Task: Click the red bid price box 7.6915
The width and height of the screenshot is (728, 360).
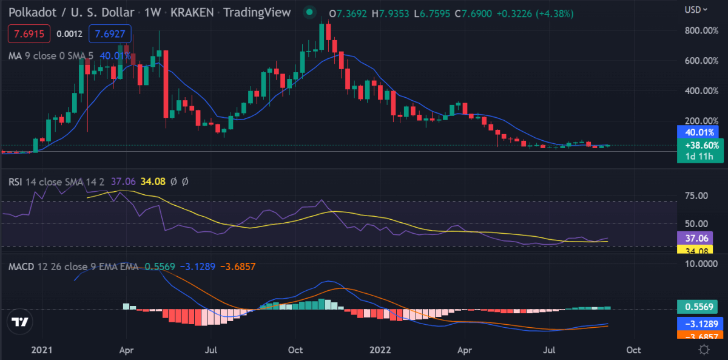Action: (x=29, y=34)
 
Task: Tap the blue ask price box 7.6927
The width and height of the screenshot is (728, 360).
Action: (x=110, y=34)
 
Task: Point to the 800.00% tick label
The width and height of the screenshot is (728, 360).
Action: (x=701, y=30)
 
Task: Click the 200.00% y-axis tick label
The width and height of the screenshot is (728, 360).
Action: (x=701, y=121)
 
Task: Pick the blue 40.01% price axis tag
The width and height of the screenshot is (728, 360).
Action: (x=699, y=132)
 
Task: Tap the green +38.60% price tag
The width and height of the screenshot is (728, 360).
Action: (x=700, y=151)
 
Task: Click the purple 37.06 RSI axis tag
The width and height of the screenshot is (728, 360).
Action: (x=695, y=238)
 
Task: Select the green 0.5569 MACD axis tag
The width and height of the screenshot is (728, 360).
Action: (x=699, y=307)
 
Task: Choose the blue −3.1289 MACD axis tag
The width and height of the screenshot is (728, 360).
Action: (x=700, y=324)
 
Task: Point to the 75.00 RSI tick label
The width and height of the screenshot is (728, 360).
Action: (x=696, y=195)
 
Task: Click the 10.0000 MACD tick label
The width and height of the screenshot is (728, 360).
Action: (x=701, y=263)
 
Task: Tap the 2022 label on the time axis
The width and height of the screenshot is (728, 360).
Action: (x=380, y=350)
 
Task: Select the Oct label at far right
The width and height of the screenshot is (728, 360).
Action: (x=633, y=350)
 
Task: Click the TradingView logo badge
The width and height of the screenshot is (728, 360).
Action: (x=20, y=322)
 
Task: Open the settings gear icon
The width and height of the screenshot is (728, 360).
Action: (x=704, y=350)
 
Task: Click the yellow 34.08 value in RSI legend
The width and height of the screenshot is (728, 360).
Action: (x=153, y=182)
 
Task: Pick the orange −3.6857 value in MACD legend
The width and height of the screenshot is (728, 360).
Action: (x=238, y=267)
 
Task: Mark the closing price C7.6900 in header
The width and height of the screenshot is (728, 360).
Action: (x=473, y=13)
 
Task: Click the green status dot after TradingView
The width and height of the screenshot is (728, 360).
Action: (x=310, y=12)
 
